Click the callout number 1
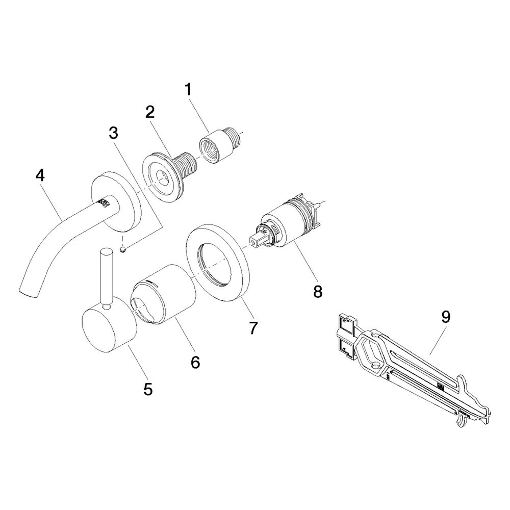(x=189, y=90)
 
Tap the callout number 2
(x=150, y=112)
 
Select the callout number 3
(x=114, y=133)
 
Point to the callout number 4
(x=40, y=176)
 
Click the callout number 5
(x=148, y=389)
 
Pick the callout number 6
(x=195, y=362)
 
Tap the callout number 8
(x=318, y=291)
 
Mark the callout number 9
(x=446, y=317)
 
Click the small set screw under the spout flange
(x=122, y=249)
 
